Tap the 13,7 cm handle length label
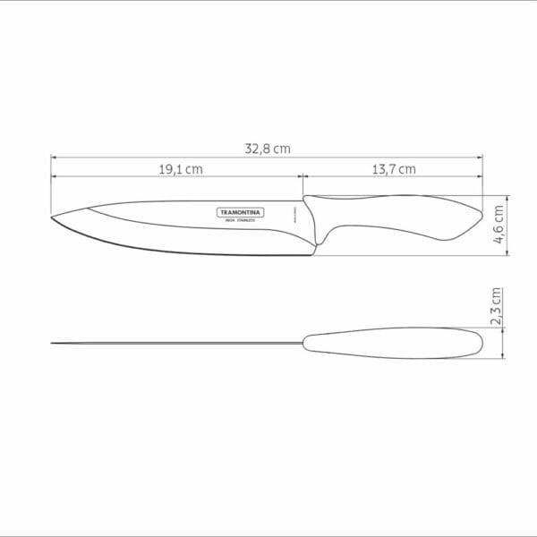395,168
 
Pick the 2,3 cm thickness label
499,307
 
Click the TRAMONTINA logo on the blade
243,212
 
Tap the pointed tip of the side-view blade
53,217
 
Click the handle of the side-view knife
394,216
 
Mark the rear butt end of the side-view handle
478,215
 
